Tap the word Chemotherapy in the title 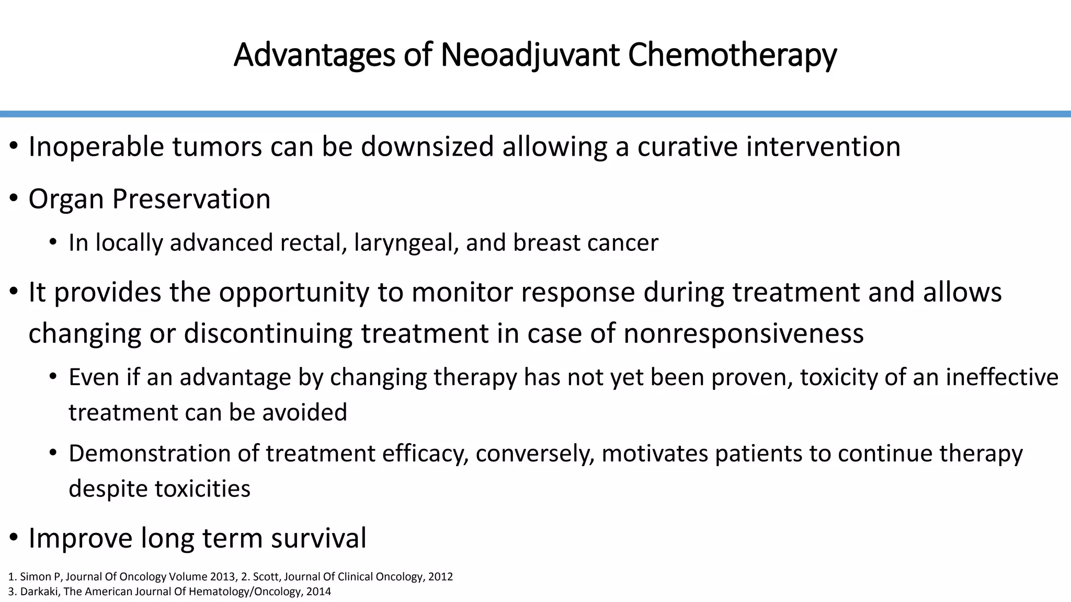point(732,55)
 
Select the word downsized point(427,147)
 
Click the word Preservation point(191,199)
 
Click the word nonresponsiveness point(743,333)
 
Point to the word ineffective point(1001,377)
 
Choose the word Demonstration point(149,454)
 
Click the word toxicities point(202,489)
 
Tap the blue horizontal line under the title point(535,114)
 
